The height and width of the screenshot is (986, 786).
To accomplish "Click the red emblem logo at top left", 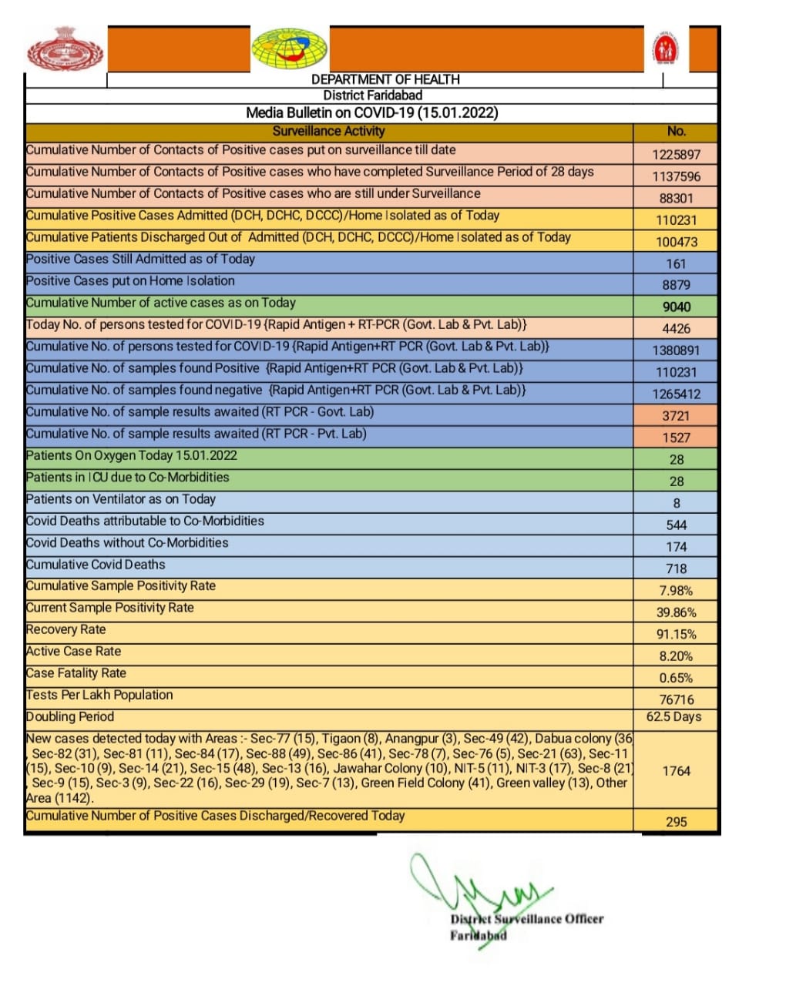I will click(65, 49).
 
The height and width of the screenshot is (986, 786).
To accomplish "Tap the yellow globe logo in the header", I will click(290, 49).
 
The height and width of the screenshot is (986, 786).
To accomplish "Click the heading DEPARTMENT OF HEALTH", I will click(385, 79).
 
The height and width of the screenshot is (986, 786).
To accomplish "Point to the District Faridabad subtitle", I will click(373, 96).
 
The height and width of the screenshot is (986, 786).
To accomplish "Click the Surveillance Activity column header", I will click(328, 131).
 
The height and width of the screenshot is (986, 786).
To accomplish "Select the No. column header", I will click(676, 131).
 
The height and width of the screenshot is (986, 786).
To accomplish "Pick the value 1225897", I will click(676, 154).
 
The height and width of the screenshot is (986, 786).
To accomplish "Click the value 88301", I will click(676, 198).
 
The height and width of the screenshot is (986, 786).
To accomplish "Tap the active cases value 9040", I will click(676, 307).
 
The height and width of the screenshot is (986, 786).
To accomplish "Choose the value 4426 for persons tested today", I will click(676, 328).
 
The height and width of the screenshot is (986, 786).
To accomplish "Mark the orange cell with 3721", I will click(676, 416).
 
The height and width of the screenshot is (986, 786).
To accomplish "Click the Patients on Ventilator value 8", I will click(676, 503).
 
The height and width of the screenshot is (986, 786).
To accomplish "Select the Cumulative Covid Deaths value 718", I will click(676, 568).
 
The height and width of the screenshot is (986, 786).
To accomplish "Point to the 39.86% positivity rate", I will click(676, 612).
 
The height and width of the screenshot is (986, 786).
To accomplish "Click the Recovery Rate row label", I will click(65, 629).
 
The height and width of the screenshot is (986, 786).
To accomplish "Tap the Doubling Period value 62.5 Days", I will click(676, 716).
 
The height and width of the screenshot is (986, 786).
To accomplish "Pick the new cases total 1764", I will click(676, 770).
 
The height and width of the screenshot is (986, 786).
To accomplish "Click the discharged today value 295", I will click(676, 822).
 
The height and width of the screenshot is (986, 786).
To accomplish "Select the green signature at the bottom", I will click(478, 894).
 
